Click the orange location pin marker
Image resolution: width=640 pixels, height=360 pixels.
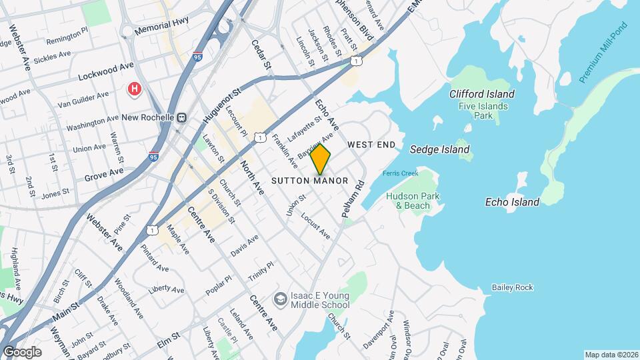321,159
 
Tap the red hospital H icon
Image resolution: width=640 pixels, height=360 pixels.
135,89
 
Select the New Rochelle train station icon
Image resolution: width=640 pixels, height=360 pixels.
181,117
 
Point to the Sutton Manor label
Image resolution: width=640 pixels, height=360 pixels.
310,181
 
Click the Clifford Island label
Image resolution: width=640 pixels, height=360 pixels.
481,95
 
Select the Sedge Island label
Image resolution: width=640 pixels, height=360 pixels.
439,149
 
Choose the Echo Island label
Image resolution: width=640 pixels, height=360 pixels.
511,202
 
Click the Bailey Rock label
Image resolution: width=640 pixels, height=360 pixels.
512,287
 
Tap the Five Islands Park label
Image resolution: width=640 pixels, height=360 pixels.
483,111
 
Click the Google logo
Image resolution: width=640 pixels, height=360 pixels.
21,351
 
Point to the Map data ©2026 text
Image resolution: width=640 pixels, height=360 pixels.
610,355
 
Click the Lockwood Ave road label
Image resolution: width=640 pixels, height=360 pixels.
106,72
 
